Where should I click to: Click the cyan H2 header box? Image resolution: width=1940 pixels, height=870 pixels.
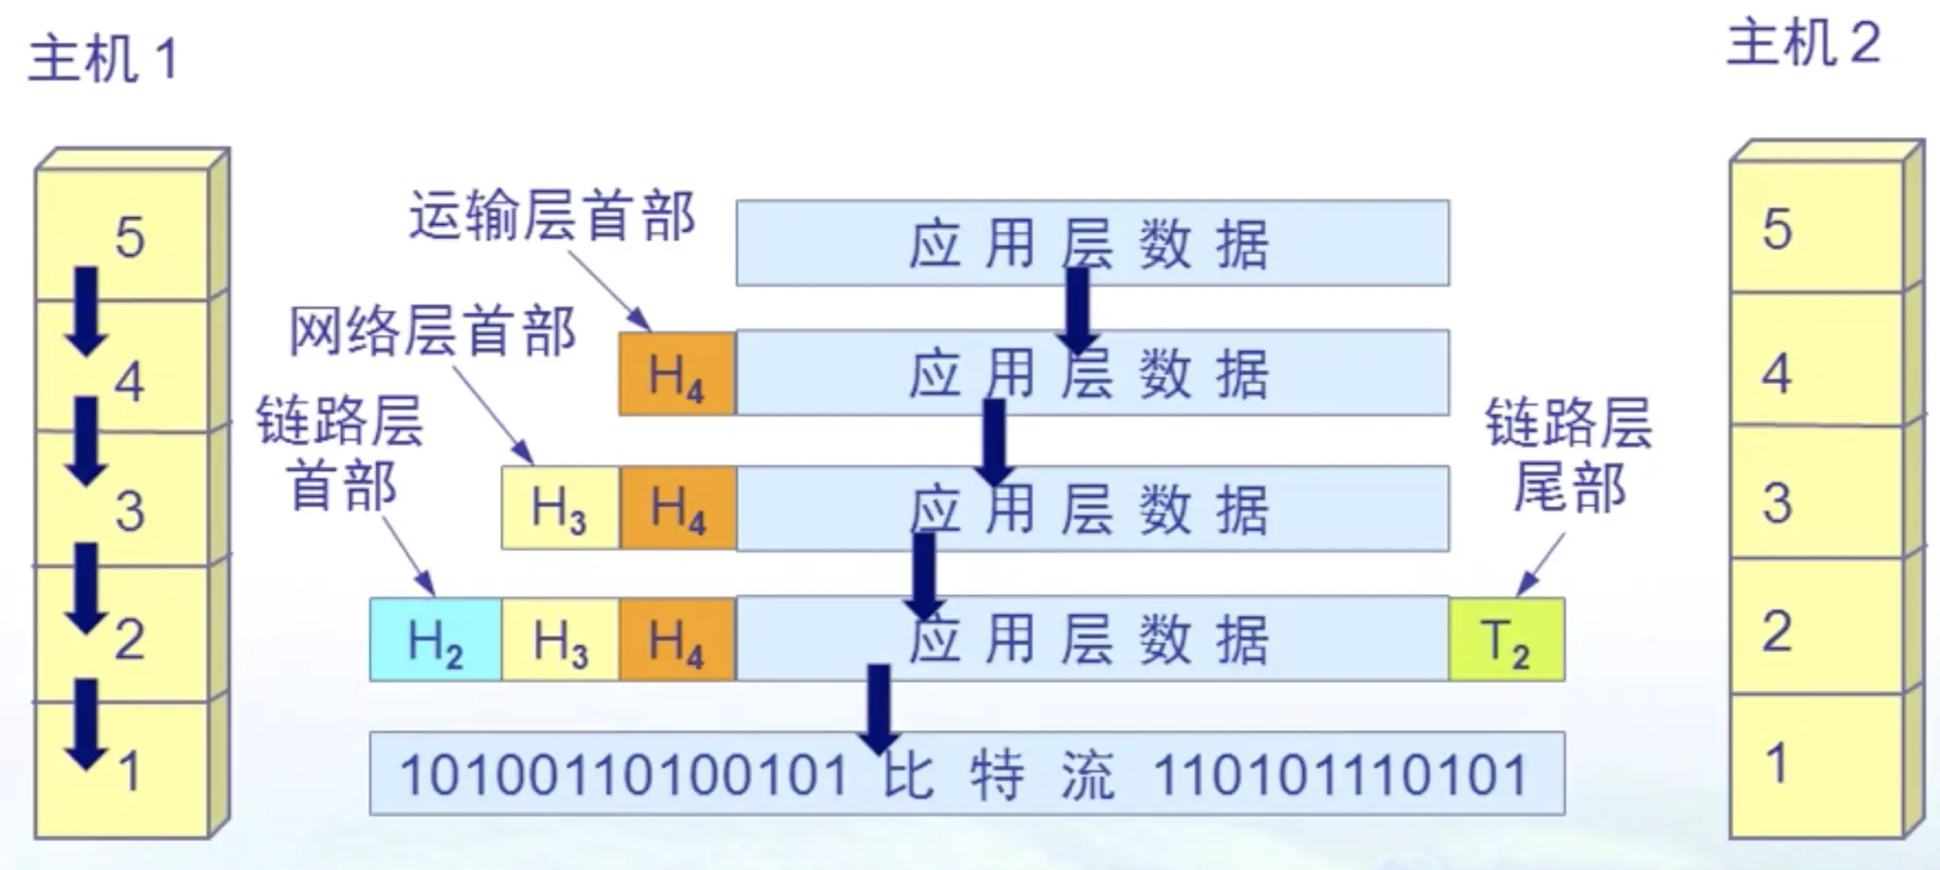click(x=436, y=640)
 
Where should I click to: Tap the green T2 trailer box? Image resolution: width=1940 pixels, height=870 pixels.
click(x=1506, y=640)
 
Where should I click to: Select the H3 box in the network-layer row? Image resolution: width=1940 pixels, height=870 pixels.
click(x=560, y=508)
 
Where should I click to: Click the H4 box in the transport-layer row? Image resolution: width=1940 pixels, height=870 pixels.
click(x=677, y=373)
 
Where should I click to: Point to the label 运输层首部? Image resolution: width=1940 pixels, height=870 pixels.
click(x=553, y=216)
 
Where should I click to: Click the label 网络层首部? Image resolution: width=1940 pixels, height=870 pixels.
click(x=433, y=332)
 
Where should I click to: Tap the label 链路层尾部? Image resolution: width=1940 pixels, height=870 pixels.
click(x=1569, y=455)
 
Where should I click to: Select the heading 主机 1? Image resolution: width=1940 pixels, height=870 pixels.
click(x=104, y=60)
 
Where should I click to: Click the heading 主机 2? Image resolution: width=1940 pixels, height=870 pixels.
click(x=1803, y=44)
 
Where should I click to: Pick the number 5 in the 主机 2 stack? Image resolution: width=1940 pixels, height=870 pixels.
click(x=1777, y=229)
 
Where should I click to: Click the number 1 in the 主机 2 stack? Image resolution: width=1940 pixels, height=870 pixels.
click(x=1777, y=763)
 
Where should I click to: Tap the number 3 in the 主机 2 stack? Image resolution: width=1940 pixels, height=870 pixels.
click(x=1777, y=503)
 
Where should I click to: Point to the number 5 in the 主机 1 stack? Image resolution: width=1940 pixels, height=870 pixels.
click(x=130, y=237)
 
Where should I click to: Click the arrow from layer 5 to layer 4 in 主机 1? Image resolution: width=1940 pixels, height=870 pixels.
click(x=86, y=312)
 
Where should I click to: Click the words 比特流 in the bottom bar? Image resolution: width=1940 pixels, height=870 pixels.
click(x=999, y=775)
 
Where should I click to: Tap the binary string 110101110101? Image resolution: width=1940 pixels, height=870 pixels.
click(x=1340, y=775)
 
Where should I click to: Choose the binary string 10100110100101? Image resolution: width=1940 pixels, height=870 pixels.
click(x=624, y=775)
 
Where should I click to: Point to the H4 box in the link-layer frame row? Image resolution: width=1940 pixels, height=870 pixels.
click(x=677, y=640)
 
